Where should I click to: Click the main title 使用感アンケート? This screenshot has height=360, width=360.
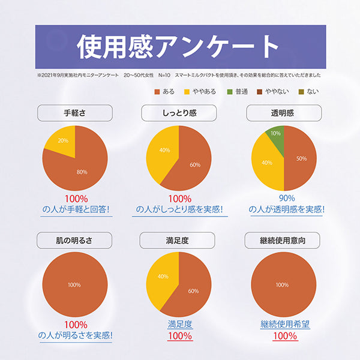(x=179, y=46)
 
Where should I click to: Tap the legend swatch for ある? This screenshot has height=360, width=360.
(x=158, y=91)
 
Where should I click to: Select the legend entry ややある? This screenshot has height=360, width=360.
(x=201, y=91)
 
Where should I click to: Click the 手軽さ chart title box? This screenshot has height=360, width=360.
(x=75, y=113)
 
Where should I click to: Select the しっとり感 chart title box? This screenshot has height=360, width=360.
(x=178, y=113)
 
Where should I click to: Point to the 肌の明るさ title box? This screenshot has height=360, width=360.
(x=75, y=241)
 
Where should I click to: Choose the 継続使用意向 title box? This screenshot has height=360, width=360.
(x=282, y=241)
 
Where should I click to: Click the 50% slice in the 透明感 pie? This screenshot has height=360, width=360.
(x=299, y=158)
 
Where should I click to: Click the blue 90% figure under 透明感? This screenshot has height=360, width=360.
(x=287, y=198)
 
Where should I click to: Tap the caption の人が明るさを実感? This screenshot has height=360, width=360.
(x=75, y=335)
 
